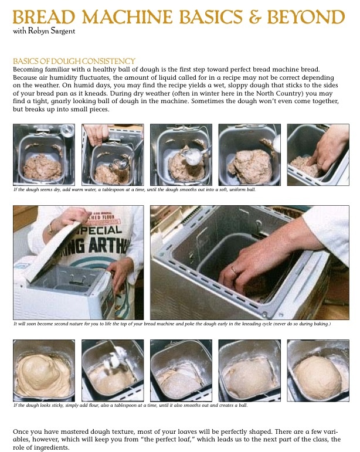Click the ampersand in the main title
point(255,17)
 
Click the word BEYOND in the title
point(306,17)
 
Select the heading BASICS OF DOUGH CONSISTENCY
point(74,61)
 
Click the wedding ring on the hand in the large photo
point(233,270)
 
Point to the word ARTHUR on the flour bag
point(109,245)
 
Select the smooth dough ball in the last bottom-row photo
point(318,377)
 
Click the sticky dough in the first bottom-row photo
point(43,375)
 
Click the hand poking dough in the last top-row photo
point(328,150)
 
